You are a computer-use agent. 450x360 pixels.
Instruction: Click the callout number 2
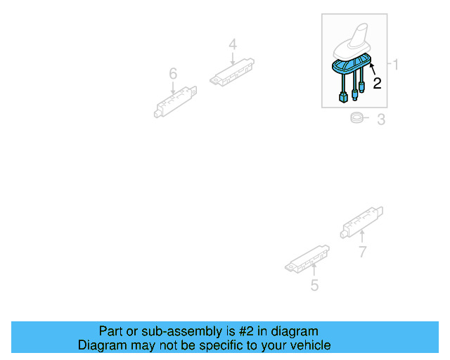(377, 83)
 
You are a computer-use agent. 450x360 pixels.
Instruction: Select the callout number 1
(395, 64)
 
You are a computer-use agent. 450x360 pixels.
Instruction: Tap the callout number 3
(381, 120)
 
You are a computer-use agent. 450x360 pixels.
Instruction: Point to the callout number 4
(233, 45)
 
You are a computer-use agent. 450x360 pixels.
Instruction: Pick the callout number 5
(314, 285)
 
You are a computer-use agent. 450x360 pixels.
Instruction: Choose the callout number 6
(173, 74)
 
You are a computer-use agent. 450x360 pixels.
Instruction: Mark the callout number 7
(363, 252)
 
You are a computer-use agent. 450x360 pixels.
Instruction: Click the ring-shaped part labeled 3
(356, 117)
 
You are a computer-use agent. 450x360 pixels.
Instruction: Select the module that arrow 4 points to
(232, 72)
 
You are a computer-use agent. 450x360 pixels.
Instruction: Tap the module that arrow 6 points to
(175, 102)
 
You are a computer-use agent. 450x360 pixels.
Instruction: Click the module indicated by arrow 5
(307, 259)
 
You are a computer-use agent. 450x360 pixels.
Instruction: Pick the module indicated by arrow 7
(361, 222)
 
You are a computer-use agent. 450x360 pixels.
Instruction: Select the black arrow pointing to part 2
(373, 69)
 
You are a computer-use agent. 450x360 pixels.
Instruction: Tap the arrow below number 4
(233, 58)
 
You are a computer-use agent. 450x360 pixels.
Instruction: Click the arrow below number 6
(173, 88)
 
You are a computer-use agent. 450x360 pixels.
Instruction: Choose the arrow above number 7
(362, 237)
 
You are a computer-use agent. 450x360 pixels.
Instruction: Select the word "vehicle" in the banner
(314, 345)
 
